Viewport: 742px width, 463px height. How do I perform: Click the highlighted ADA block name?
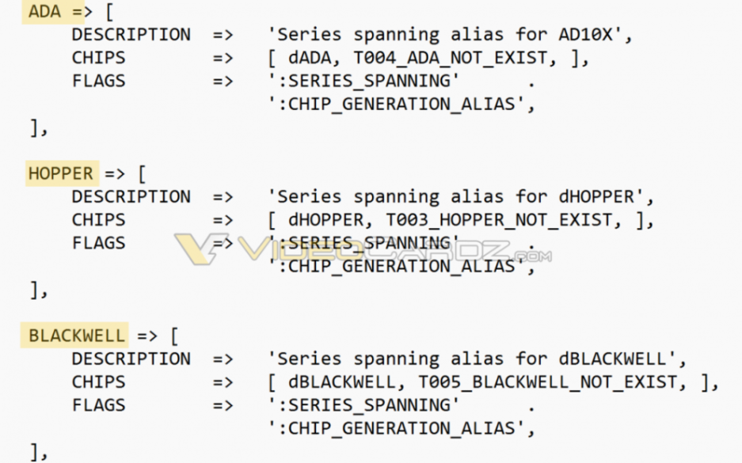click(x=44, y=11)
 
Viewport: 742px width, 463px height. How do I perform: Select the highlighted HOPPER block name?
click(x=60, y=173)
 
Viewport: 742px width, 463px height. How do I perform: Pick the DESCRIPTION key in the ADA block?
click(x=131, y=35)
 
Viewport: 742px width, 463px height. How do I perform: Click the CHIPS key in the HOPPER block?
click(x=98, y=220)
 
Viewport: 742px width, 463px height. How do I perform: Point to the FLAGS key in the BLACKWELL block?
click(x=98, y=405)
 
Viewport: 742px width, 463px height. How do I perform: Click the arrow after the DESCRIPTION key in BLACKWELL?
click(x=223, y=359)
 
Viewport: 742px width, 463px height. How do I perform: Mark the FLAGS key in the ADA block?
click(x=98, y=81)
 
